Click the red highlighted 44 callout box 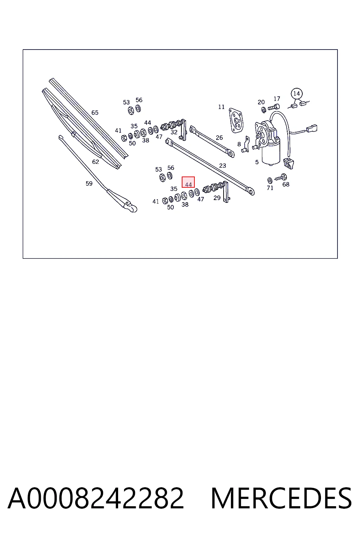point(188,182)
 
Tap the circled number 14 point(297,94)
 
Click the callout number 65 point(95,112)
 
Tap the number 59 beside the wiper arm point(89,184)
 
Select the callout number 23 point(223,166)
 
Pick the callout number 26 point(219,138)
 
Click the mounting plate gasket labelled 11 point(236,120)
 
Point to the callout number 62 point(96,162)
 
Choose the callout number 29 point(217,198)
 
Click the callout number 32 point(174,132)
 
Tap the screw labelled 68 point(281,178)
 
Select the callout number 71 point(270,188)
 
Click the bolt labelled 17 point(274,107)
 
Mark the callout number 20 point(261,102)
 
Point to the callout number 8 point(239,144)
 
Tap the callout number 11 point(221,107)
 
